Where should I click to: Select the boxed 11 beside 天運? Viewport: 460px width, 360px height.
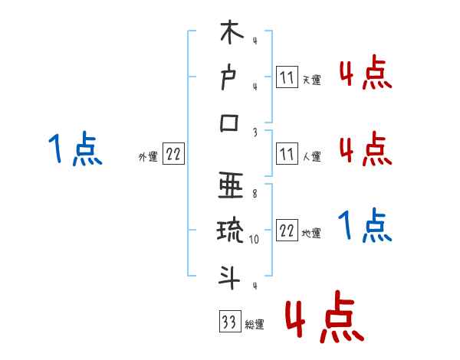pos(287,78)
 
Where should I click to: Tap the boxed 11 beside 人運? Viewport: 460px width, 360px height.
pos(287,155)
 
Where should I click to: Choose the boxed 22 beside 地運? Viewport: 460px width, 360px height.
pos(287,233)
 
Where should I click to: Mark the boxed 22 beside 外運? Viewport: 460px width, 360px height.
pos(173,155)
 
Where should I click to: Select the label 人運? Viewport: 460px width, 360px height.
pos(311,157)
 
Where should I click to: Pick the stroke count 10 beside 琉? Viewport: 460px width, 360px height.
pos(255,239)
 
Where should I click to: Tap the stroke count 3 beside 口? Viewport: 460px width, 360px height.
pos(255,133)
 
